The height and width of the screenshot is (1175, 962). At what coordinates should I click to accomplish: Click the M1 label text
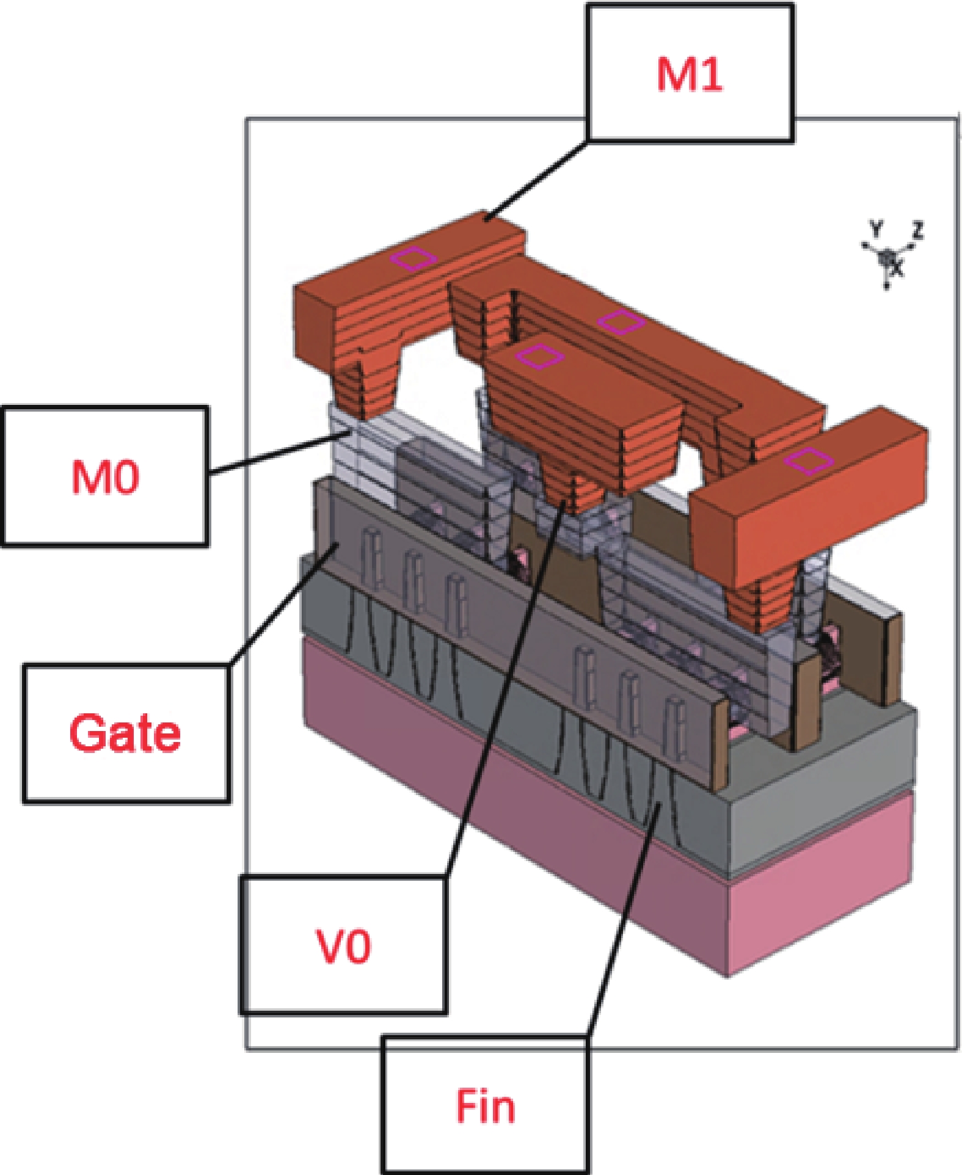tap(690, 75)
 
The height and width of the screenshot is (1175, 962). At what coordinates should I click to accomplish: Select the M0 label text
tap(105, 477)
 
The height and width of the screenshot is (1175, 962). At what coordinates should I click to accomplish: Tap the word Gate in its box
tap(125, 733)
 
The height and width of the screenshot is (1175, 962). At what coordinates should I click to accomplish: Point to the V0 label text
tap(343, 947)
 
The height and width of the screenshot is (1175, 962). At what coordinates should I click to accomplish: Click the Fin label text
tap(486, 1105)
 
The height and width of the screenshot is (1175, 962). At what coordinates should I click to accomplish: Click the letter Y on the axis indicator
tap(876, 230)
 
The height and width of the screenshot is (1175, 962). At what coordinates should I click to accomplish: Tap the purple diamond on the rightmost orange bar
tap(807, 460)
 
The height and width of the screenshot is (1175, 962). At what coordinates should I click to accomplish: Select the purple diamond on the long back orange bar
tap(621, 321)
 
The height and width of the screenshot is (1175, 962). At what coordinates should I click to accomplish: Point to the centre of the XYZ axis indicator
tap(887, 258)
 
